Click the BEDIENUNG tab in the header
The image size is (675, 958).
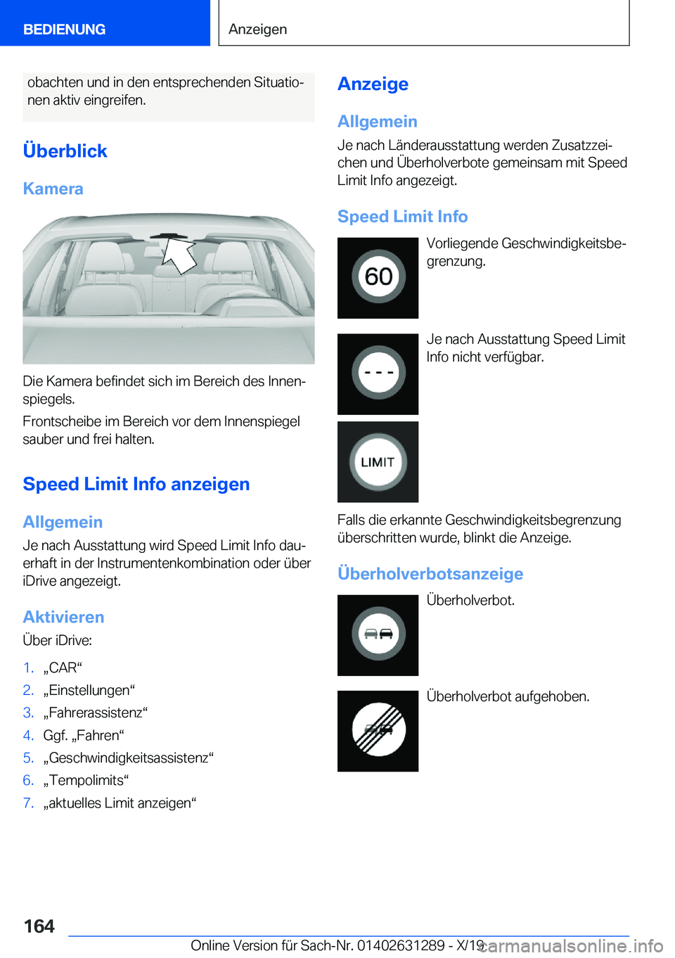(65, 30)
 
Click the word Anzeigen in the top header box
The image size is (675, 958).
(257, 30)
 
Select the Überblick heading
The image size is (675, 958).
(65, 151)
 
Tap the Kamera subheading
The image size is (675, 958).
(53, 189)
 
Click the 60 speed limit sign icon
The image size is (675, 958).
(378, 277)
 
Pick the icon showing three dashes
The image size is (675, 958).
(378, 373)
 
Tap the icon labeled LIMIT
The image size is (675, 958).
(378, 462)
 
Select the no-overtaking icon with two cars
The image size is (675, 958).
(378, 634)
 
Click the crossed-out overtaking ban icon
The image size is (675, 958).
(378, 731)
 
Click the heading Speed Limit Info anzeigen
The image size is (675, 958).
(136, 485)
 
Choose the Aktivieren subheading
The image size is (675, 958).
(63, 618)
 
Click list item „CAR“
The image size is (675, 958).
(63, 668)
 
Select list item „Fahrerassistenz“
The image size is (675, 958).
(95, 713)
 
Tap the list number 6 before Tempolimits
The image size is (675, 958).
(28, 780)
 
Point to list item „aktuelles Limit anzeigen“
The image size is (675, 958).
(120, 803)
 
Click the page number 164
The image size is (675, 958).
(39, 926)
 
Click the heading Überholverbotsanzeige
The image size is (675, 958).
(430, 574)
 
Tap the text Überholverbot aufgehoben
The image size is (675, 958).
(508, 696)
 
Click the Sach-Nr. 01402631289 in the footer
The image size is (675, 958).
(401, 945)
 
